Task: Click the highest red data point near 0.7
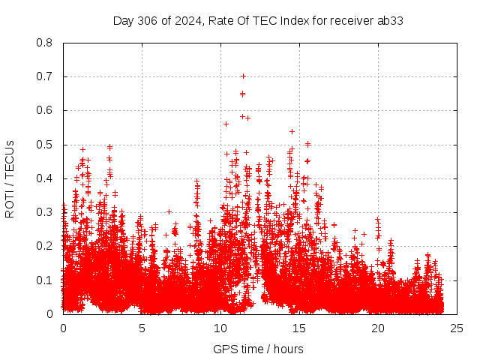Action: (x=243, y=76)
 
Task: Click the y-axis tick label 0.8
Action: (x=45, y=43)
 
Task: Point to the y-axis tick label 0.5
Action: (x=45, y=145)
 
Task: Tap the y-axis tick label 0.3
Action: (x=45, y=212)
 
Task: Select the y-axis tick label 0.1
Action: (x=45, y=280)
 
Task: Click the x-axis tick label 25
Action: (x=457, y=328)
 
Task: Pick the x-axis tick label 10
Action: (x=220, y=328)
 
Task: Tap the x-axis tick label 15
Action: (x=299, y=328)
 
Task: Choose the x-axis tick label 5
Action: (x=142, y=328)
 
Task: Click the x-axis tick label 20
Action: (x=378, y=328)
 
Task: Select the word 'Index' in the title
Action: (x=294, y=20)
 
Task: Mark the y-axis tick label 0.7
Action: (x=45, y=76)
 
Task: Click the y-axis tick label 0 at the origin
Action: (x=49, y=314)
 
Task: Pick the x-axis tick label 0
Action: (x=63, y=328)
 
